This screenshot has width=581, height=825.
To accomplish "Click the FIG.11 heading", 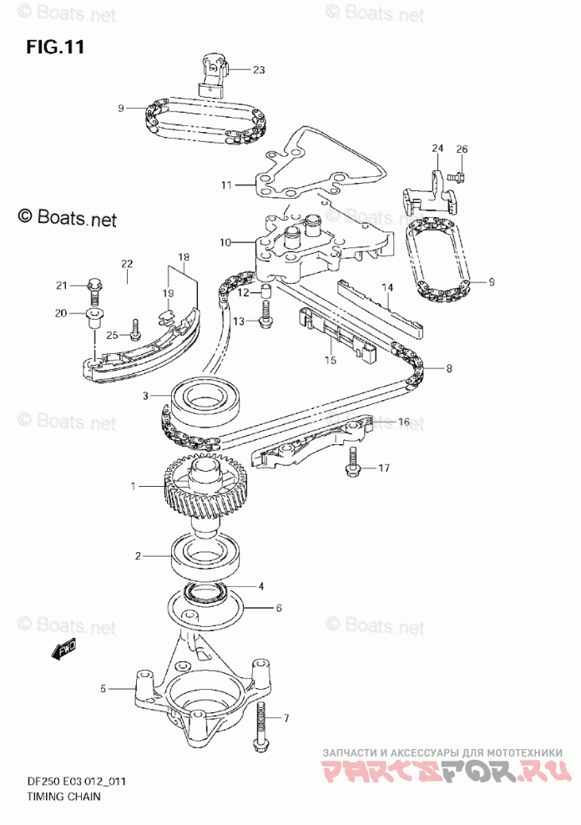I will tap(56, 46).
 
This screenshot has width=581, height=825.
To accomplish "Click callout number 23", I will tap(258, 70).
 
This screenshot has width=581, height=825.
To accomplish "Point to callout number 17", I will tap(383, 468).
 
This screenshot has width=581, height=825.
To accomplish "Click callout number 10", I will tap(225, 242).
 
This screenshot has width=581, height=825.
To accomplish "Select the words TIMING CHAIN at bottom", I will tap(58, 796).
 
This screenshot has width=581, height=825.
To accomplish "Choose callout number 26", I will tap(462, 149).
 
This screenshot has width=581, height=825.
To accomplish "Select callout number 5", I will tap(104, 690).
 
